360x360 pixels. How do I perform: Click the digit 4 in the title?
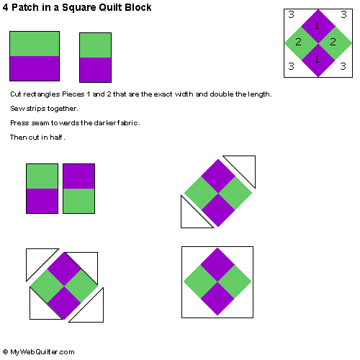click(5, 7)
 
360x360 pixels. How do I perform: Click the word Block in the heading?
click(138, 7)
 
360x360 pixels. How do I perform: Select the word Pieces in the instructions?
click(73, 94)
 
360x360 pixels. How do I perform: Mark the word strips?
click(36, 109)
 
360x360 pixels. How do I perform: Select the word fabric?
click(127, 123)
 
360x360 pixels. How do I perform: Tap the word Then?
click(18, 138)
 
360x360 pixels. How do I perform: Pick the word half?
click(56, 138)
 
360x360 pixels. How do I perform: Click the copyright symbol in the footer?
click(5, 352)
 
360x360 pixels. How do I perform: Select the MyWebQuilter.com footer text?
click(42, 352)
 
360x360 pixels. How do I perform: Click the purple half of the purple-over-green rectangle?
click(78, 176)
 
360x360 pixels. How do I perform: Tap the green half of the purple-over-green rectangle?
click(78, 201)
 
